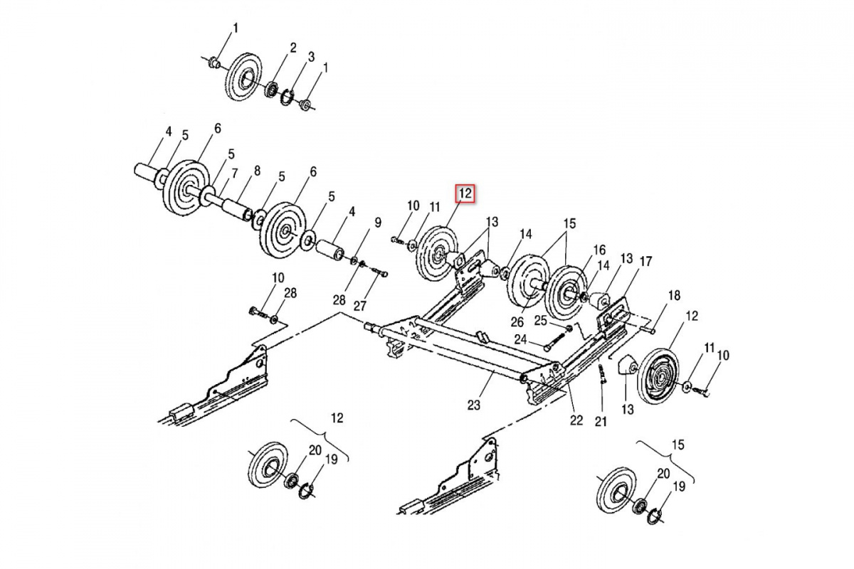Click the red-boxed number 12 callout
pyautogui.click(x=465, y=193)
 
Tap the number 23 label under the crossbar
pyautogui.click(x=474, y=405)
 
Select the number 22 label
pyautogui.click(x=576, y=420)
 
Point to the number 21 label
pyautogui.click(x=601, y=422)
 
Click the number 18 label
pyautogui.click(x=673, y=295)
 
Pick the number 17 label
pyautogui.click(x=645, y=261)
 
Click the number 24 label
pyautogui.click(x=520, y=339)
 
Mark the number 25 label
pyautogui.click(x=541, y=321)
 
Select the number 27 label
pyautogui.click(x=360, y=307)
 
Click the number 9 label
pyautogui.click(x=378, y=221)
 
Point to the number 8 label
pyautogui.click(x=257, y=171)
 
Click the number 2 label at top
pyautogui.click(x=292, y=48)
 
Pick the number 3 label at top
pyautogui.click(x=311, y=56)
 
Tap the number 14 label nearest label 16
pyautogui.click(x=603, y=266)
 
